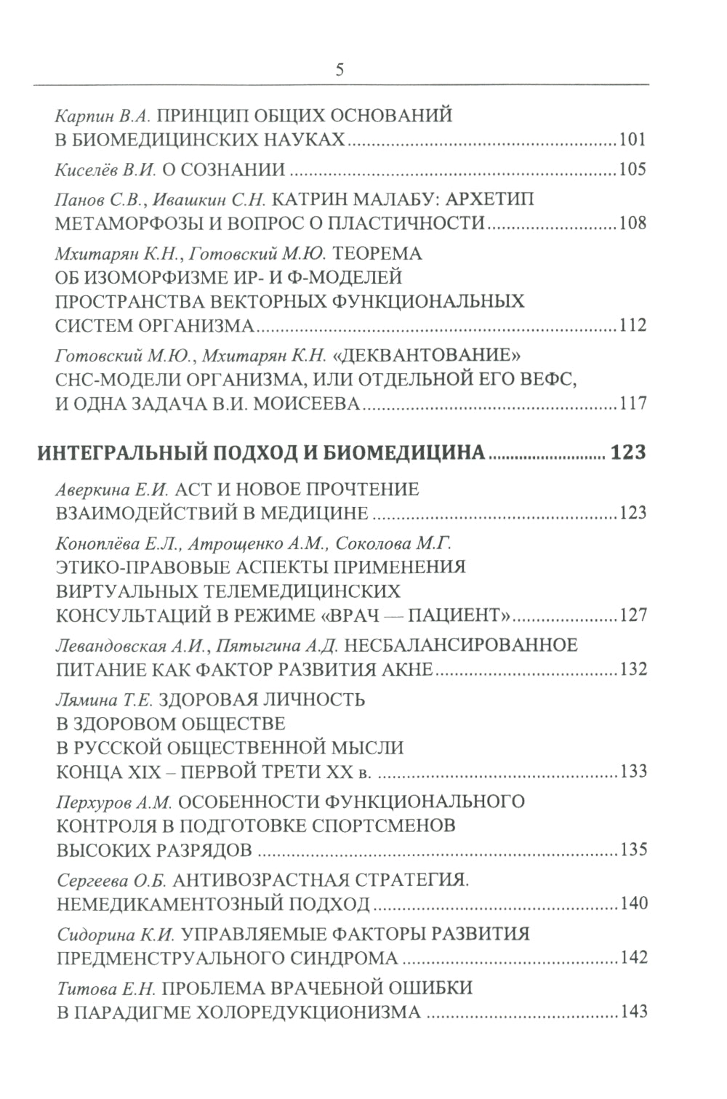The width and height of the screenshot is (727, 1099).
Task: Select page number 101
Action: (x=631, y=140)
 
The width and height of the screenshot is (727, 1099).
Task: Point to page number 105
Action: (x=631, y=171)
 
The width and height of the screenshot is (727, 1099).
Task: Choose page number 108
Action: (x=631, y=223)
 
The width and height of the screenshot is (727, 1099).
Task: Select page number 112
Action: (x=631, y=324)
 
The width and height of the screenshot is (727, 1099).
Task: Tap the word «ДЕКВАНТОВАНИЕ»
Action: (x=427, y=356)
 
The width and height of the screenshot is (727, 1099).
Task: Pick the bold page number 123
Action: (x=628, y=452)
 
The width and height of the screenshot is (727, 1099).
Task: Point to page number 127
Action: (x=631, y=615)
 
